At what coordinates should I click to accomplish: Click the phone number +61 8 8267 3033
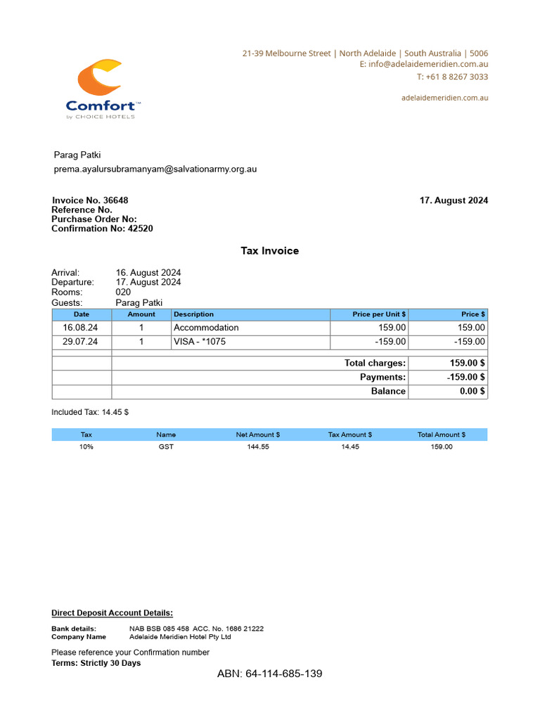point(452,77)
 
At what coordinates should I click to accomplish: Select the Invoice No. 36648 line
point(90,200)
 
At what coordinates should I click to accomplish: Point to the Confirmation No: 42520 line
point(102,229)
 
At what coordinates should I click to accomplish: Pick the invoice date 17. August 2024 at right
point(454,200)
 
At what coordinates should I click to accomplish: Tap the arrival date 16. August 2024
point(148,273)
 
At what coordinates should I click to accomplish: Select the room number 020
point(123,292)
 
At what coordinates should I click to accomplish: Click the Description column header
point(193,314)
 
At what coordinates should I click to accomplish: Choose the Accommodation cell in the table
point(206,328)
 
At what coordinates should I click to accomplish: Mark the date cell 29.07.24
point(80,342)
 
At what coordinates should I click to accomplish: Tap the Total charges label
point(375,363)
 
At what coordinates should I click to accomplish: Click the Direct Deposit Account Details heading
point(112,613)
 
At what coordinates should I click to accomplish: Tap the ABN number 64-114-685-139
point(269,674)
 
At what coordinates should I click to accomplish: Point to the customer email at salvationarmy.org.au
point(155,169)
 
